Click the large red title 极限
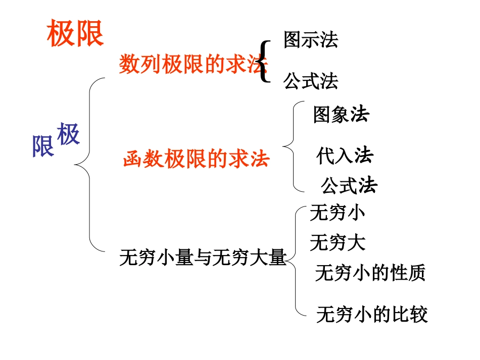point(75,33)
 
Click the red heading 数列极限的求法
point(193,64)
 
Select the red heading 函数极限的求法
point(196,159)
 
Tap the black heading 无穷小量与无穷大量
point(203,257)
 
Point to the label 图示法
point(311,39)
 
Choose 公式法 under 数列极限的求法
point(311,81)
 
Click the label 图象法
point(341,114)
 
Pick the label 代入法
point(345,156)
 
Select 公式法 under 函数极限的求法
point(349,185)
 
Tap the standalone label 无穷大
point(338,242)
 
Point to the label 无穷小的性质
point(370,272)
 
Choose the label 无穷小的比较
point(372,314)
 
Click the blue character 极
point(68,133)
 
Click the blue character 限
point(43,146)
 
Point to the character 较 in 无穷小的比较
point(419,314)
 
